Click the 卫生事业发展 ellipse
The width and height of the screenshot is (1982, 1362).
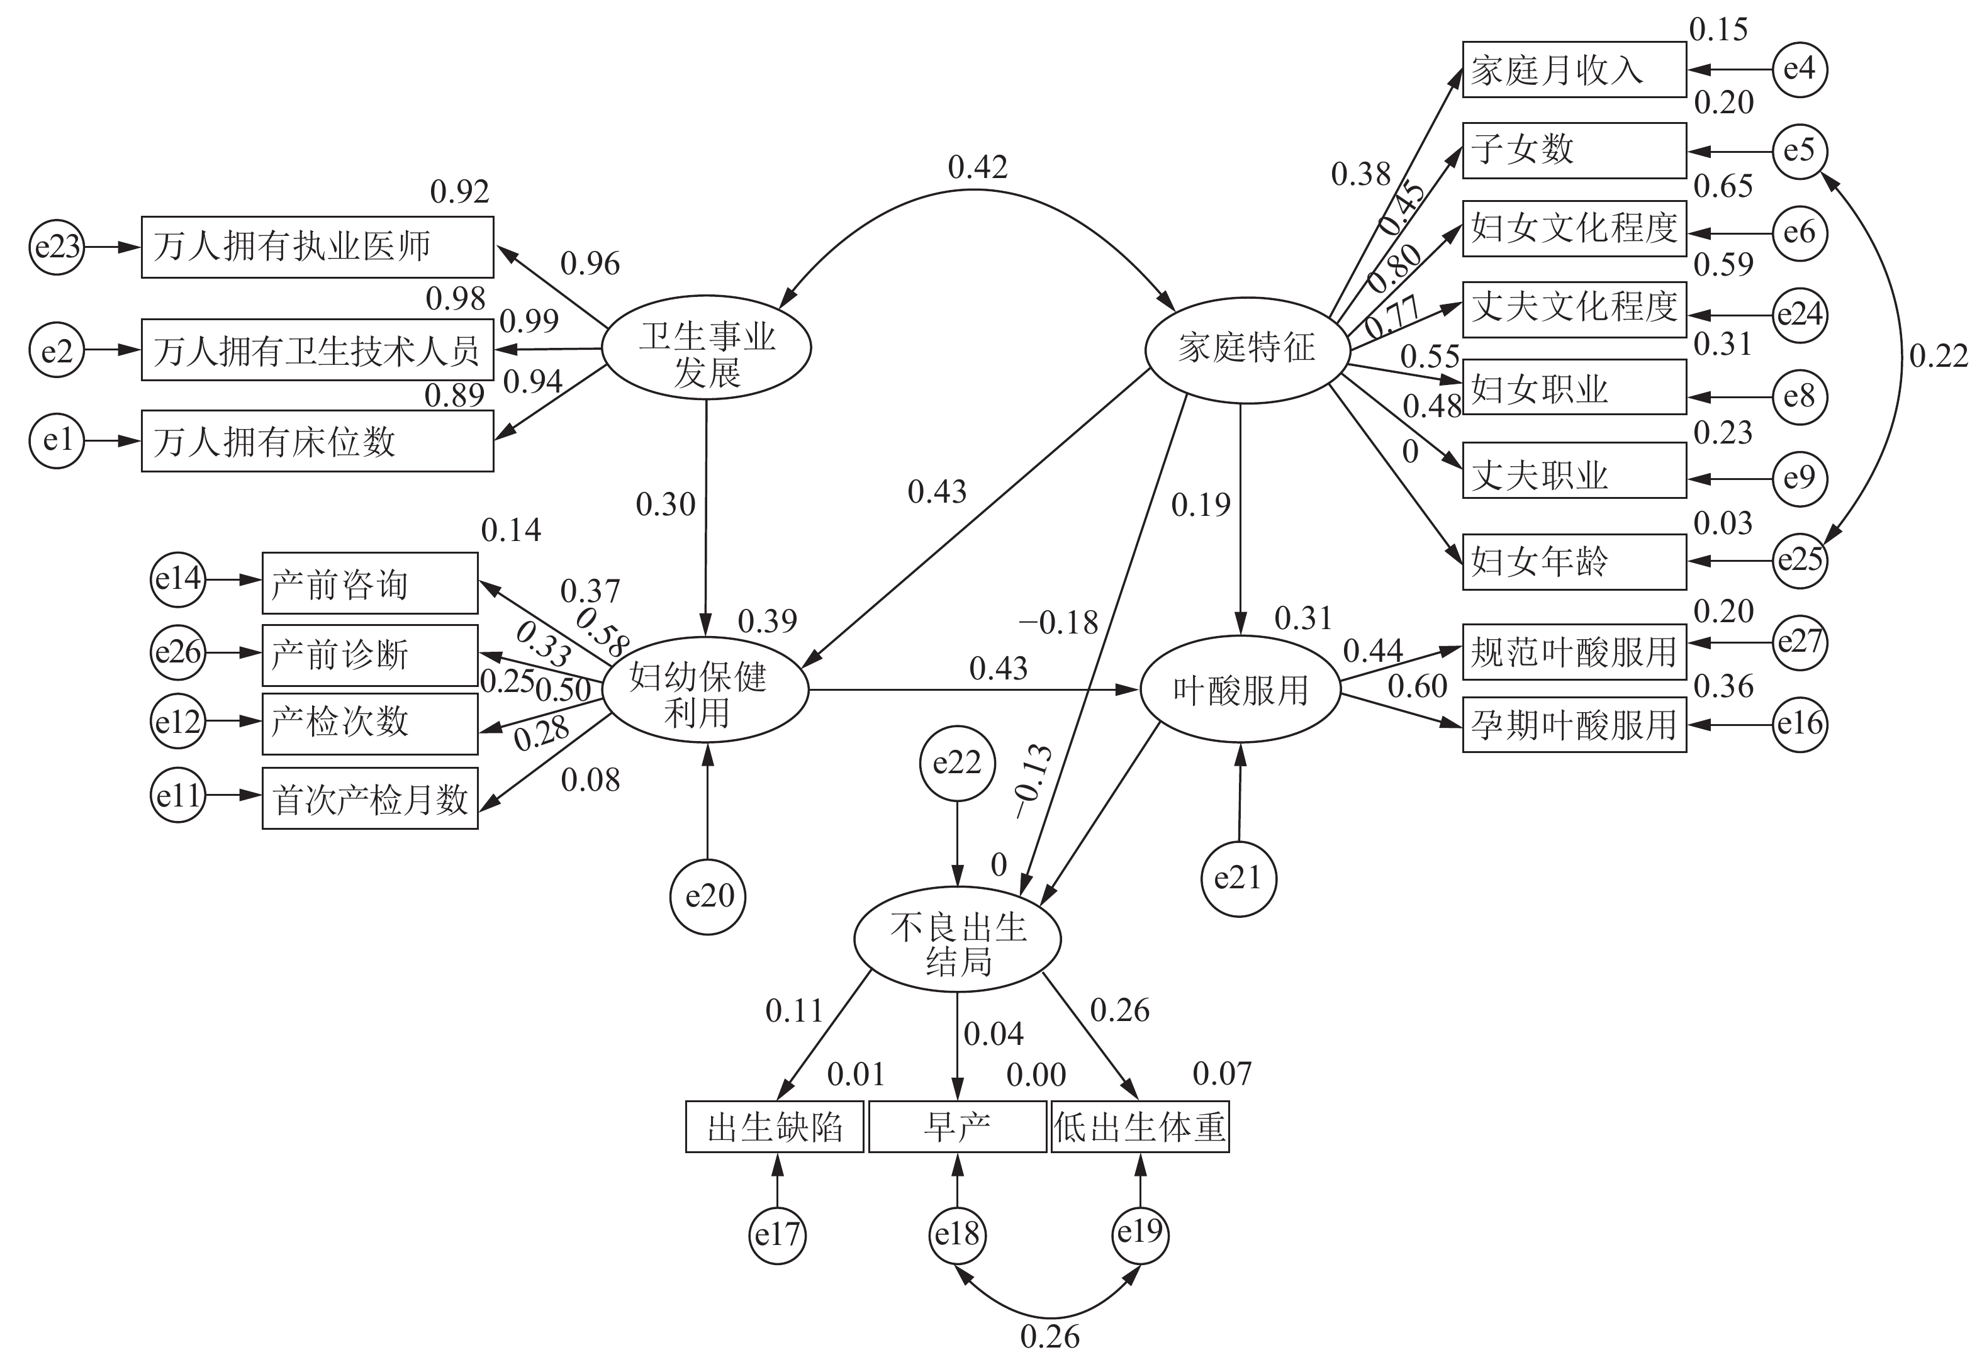pyautogui.click(x=706, y=348)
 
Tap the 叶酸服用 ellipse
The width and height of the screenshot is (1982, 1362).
pyautogui.click(x=1240, y=689)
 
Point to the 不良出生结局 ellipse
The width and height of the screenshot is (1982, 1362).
pyautogui.click(x=958, y=938)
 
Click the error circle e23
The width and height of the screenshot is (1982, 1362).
pyautogui.click(x=57, y=247)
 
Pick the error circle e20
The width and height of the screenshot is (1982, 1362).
pyautogui.click(x=708, y=896)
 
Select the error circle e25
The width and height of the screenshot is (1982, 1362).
pyautogui.click(x=1800, y=560)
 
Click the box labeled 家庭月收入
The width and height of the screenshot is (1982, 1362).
pyautogui.click(x=1574, y=70)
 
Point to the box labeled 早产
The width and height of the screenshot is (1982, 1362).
pyautogui.click(x=957, y=1127)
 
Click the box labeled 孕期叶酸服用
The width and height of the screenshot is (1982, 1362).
pyautogui.click(x=1574, y=725)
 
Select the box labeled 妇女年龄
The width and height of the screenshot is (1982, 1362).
pyautogui.click(x=1574, y=562)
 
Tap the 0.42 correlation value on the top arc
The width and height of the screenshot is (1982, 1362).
pyautogui.click(x=977, y=167)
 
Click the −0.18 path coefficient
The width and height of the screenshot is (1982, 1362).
pyautogui.click(x=1058, y=623)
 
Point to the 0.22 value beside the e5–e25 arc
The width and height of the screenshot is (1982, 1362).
pyautogui.click(x=1937, y=356)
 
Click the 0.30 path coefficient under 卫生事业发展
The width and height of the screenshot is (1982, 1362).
pyautogui.click(x=665, y=505)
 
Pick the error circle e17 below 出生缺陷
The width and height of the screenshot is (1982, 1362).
pyautogui.click(x=776, y=1234)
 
